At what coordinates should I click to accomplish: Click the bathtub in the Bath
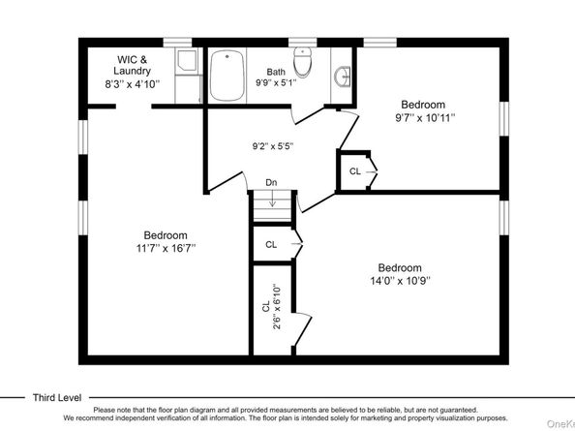227,76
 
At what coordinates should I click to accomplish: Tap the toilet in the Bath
303,62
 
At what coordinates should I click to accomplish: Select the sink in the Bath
343,77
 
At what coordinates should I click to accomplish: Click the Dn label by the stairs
271,182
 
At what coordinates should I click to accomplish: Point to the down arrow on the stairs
272,199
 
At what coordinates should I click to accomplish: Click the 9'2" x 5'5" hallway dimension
273,146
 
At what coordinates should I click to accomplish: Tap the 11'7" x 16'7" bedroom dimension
166,248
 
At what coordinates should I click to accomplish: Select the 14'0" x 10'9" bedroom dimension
400,281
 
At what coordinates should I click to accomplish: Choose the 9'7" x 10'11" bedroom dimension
425,118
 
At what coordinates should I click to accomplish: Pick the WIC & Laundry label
132,65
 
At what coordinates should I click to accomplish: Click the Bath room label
276,72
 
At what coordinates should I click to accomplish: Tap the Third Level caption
57,398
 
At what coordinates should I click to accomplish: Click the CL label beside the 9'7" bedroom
355,171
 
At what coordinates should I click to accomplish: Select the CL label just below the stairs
271,245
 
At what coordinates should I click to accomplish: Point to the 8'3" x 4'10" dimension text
133,84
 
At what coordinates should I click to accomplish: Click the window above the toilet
303,43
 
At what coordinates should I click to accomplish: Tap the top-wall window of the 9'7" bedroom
379,43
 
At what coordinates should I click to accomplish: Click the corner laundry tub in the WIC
187,60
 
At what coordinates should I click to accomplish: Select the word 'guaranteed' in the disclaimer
459,410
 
